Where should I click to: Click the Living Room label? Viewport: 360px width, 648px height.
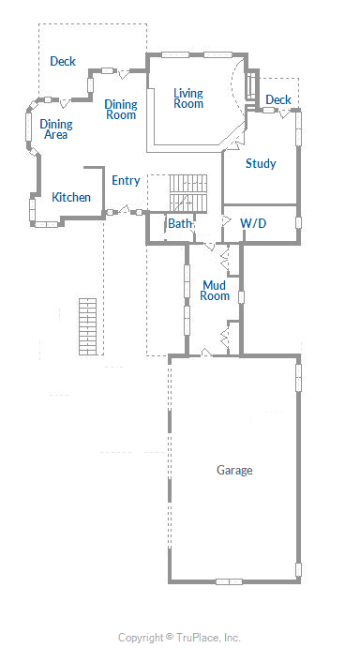pos(188,98)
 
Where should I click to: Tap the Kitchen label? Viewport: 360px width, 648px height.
pos(71,197)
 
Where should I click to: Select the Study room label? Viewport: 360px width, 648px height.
pos(261,164)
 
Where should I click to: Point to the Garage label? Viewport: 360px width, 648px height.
pos(234,471)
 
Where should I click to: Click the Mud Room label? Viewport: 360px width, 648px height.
pos(215,291)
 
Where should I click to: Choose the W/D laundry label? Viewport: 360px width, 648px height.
pos(253,223)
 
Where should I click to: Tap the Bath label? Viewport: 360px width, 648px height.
pos(180,223)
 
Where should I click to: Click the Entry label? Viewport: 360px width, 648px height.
pos(126,181)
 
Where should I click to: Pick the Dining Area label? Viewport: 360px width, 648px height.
pos(56,128)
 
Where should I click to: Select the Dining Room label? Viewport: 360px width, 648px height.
pos(121,110)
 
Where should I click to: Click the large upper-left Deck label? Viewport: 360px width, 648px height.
pos(63,61)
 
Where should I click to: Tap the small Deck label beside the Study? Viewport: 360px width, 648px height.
pos(278,99)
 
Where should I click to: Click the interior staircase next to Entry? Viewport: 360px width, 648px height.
pos(188,193)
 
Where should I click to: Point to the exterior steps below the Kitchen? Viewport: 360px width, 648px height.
pos(87,326)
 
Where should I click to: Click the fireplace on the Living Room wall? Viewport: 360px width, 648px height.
pos(251,86)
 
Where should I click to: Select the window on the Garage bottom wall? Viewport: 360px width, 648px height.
pos(229,581)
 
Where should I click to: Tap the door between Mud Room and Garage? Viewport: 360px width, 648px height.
pos(206,353)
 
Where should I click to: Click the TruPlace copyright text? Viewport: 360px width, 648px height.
pos(179,638)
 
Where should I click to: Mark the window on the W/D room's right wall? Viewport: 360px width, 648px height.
pos(298,222)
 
